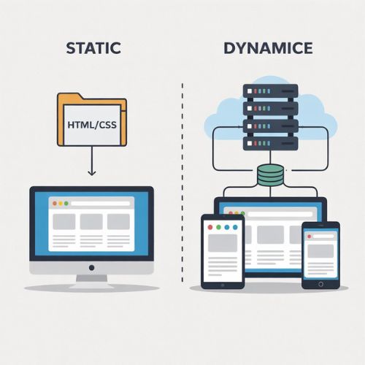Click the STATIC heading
[x=93, y=48]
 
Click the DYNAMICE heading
[x=268, y=48]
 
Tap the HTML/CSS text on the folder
[x=92, y=125]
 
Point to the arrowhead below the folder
[x=92, y=172]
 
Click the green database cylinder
[x=270, y=175]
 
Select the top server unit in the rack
[x=271, y=91]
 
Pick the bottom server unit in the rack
[x=271, y=143]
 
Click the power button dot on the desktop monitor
[x=92, y=268]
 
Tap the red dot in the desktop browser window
[x=55, y=204]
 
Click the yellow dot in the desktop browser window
[x=61, y=204]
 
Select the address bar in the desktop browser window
[x=100, y=204]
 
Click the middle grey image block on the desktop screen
[x=91, y=222]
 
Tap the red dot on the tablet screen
[x=210, y=227]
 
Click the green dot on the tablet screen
[x=218, y=227]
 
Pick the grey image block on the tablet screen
[x=223, y=243]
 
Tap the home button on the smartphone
[x=320, y=284]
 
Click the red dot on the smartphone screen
[x=310, y=237]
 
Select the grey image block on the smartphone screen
[x=320, y=251]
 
